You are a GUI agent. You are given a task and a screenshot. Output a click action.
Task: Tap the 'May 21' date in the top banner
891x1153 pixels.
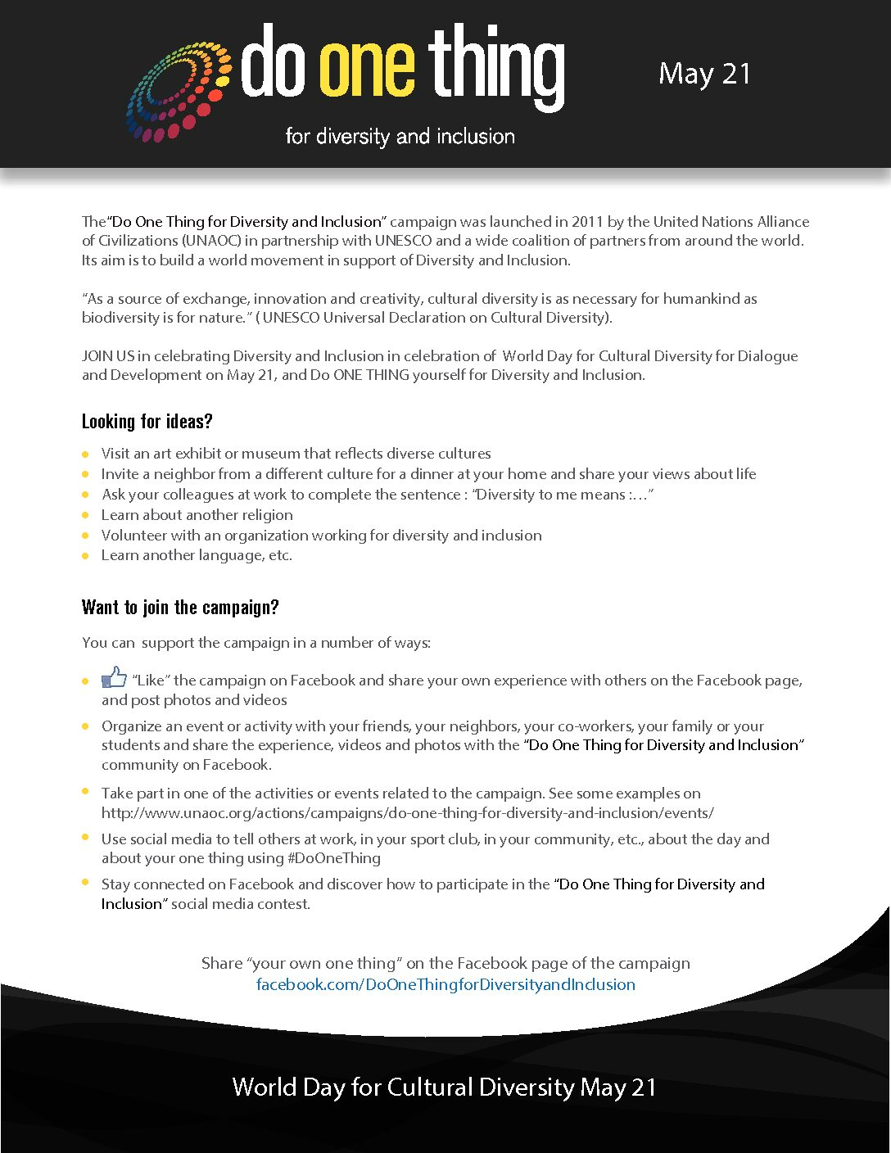click(x=704, y=74)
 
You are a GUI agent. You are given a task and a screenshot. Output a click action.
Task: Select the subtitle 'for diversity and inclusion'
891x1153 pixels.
click(x=400, y=136)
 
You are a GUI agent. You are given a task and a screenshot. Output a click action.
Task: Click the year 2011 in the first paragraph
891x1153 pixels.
click(x=588, y=222)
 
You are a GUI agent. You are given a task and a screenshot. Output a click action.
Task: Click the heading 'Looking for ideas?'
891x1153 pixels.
click(x=147, y=422)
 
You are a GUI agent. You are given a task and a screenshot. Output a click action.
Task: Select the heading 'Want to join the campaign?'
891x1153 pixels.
click(x=180, y=608)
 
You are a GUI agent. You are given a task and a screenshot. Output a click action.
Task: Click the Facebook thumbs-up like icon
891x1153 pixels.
click(x=114, y=677)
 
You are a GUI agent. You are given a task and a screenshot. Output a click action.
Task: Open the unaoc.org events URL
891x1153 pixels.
click(x=407, y=813)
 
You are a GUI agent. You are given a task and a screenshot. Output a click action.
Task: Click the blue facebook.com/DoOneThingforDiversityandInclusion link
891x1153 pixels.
click(x=445, y=984)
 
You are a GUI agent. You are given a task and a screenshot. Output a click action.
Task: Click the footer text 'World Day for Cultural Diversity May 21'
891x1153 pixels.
click(x=445, y=1087)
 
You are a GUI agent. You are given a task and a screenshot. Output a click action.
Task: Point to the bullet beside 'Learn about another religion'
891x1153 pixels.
click(x=85, y=515)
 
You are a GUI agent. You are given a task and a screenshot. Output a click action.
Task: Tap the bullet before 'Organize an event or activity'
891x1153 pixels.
click(x=85, y=726)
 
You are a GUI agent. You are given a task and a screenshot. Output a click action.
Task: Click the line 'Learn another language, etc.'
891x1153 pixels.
click(x=197, y=555)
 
